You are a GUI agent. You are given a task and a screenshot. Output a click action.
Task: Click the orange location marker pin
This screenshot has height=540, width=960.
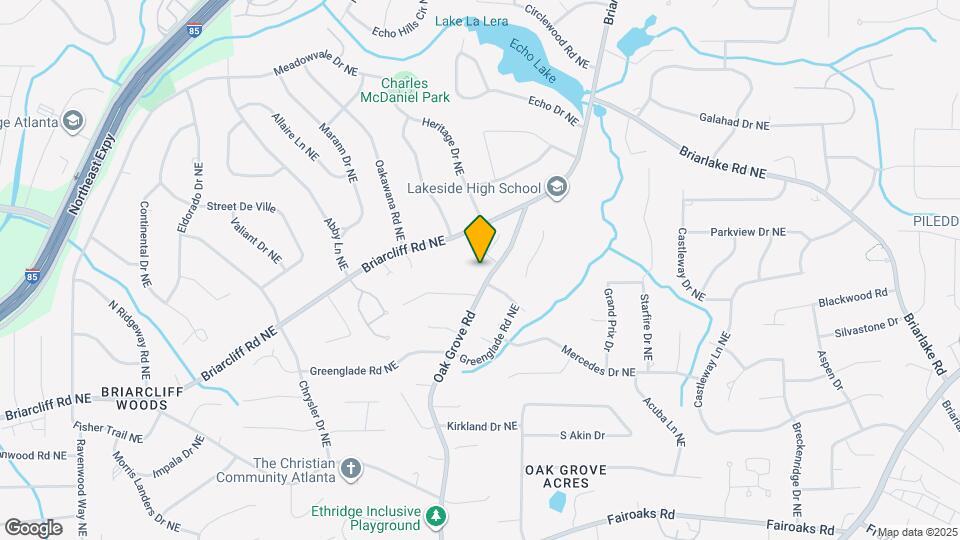[x=481, y=238]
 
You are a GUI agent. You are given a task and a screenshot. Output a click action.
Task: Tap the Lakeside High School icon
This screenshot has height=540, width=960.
[x=557, y=187]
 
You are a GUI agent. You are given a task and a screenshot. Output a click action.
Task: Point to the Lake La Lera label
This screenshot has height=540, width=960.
[x=473, y=21]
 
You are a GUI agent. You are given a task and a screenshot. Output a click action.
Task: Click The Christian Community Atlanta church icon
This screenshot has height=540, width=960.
[x=350, y=468]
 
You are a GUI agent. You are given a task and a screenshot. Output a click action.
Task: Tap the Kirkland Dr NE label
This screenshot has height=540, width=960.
[x=482, y=426]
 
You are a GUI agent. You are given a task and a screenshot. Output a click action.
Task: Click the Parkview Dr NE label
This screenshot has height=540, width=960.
[x=748, y=232]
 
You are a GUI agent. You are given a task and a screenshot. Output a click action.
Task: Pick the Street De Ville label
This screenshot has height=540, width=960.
[x=241, y=207]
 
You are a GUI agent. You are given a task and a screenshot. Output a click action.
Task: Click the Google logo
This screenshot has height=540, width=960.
[x=33, y=527]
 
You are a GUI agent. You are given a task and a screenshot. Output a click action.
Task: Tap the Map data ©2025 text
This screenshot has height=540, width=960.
[x=917, y=532]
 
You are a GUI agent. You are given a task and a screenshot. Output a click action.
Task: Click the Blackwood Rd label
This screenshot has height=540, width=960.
[x=853, y=296]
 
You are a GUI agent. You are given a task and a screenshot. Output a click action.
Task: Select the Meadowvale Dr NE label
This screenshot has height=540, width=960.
[x=315, y=66]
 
